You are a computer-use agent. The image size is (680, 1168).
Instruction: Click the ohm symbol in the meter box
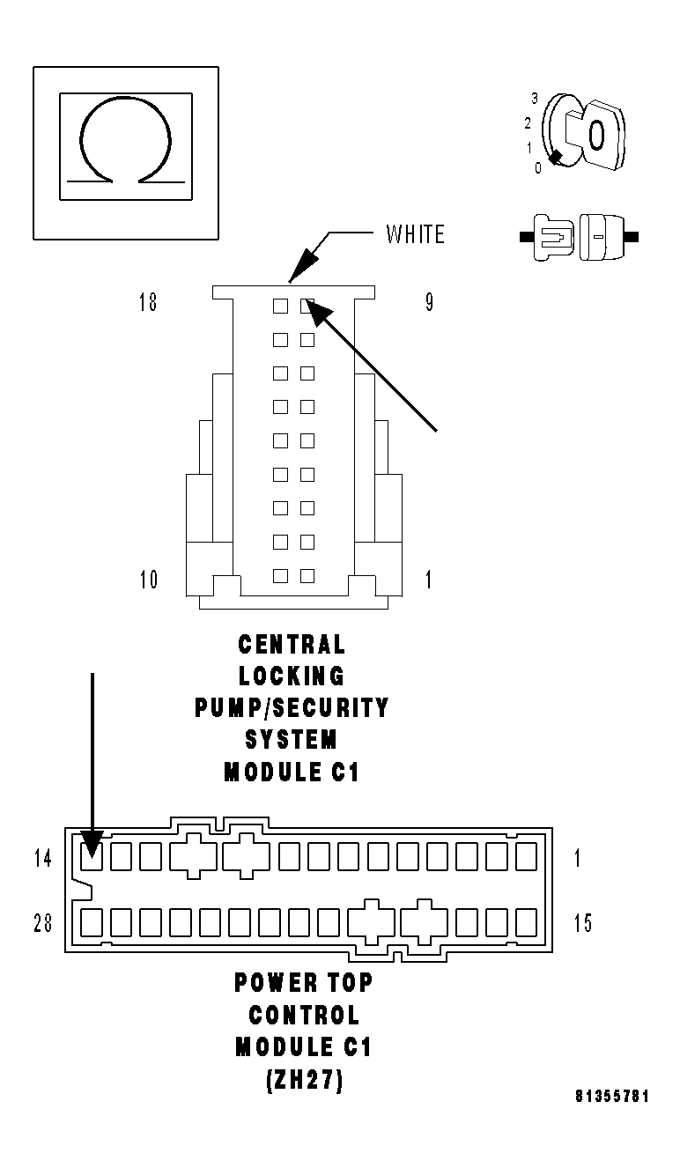click(x=124, y=142)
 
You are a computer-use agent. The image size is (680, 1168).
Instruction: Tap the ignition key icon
click(x=586, y=134)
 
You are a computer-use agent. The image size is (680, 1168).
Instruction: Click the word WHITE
click(x=416, y=234)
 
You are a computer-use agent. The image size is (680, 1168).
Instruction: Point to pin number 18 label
click(x=147, y=303)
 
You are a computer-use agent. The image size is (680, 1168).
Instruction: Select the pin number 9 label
click(x=429, y=303)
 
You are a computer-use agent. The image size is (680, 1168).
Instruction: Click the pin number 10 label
click(x=148, y=580)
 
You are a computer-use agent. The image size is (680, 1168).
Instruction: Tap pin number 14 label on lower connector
click(x=43, y=857)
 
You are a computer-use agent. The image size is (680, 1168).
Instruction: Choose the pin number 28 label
click(x=43, y=923)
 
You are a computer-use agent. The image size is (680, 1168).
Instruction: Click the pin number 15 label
click(x=583, y=923)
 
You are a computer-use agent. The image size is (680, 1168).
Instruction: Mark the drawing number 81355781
click(x=613, y=1097)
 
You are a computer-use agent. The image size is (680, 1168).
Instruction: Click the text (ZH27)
click(x=303, y=1080)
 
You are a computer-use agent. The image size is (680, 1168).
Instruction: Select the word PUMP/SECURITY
click(x=292, y=708)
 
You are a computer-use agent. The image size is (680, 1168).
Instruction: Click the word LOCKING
click(x=292, y=676)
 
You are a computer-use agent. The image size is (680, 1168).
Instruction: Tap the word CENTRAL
click(x=292, y=645)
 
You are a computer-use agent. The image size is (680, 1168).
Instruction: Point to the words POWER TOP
click(x=303, y=982)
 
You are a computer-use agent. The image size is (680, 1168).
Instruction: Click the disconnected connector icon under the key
click(x=579, y=237)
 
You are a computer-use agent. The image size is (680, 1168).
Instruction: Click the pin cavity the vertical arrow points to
click(x=92, y=855)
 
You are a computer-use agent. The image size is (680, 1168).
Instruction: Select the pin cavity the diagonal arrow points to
click(x=307, y=306)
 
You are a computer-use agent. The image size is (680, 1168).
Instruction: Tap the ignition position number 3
click(x=534, y=98)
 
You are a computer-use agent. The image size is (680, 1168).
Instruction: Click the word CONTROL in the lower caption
click(x=303, y=1015)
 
